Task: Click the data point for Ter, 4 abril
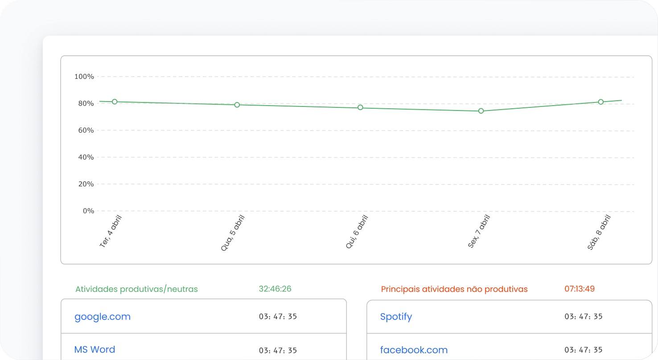(x=115, y=102)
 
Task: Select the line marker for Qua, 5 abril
(x=237, y=105)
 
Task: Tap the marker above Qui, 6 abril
(x=360, y=107)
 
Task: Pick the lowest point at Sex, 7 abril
(x=481, y=111)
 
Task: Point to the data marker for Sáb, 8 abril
(x=601, y=102)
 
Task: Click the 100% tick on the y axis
(x=84, y=77)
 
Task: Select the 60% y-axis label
(x=84, y=130)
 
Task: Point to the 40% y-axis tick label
(x=84, y=157)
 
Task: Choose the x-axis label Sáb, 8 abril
(x=599, y=232)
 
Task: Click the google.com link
(x=103, y=317)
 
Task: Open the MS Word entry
(x=95, y=349)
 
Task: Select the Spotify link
(x=396, y=317)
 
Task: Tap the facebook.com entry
(x=414, y=350)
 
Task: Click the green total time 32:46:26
(x=275, y=289)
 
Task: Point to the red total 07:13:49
(x=580, y=289)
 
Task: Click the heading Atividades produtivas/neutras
(x=136, y=289)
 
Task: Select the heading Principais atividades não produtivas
(x=454, y=289)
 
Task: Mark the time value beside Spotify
(x=584, y=317)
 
